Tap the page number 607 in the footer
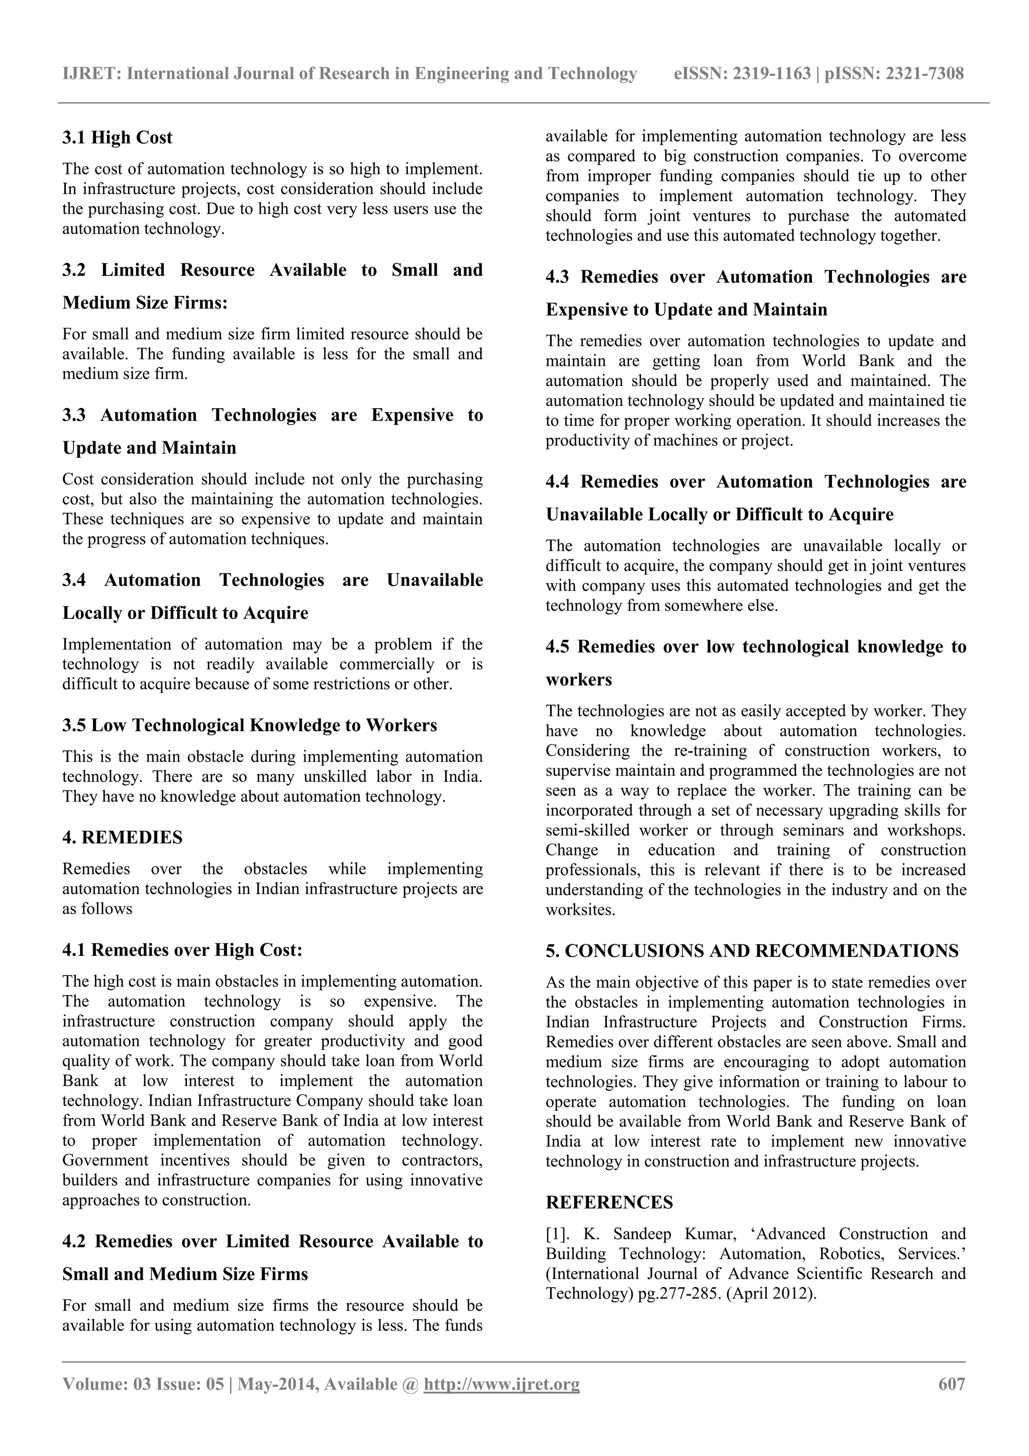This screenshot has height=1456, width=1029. click(952, 1384)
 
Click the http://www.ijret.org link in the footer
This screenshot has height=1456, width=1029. click(501, 1384)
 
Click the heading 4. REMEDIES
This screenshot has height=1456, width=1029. click(123, 837)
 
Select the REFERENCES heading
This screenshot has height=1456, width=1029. click(609, 1202)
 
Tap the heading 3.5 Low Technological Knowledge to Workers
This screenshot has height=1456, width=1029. click(250, 725)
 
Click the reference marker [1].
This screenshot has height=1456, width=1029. click(559, 1234)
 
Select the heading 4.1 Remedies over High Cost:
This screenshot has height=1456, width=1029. click(182, 949)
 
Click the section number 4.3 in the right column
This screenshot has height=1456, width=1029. click(557, 277)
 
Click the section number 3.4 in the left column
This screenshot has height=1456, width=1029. click(74, 580)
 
